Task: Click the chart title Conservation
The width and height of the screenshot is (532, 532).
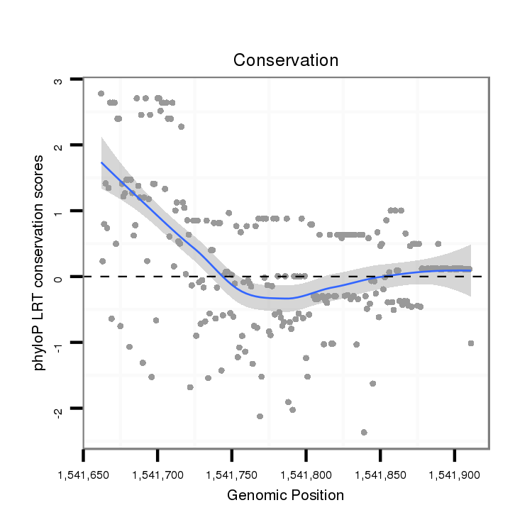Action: point(286,60)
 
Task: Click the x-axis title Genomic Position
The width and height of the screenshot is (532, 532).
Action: point(285,495)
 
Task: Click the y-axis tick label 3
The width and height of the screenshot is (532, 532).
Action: point(58,80)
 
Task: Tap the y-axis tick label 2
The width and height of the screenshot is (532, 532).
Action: point(58,145)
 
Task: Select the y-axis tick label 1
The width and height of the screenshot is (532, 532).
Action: point(58,211)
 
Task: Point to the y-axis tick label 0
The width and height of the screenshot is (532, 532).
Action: point(58,277)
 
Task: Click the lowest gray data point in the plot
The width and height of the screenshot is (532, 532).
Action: point(364,432)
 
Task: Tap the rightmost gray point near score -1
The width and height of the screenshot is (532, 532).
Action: point(470,343)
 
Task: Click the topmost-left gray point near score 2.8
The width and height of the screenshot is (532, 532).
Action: point(101,94)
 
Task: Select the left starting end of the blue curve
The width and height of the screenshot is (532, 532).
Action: point(101,162)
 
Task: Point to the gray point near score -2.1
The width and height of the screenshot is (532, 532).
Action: point(260,416)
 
